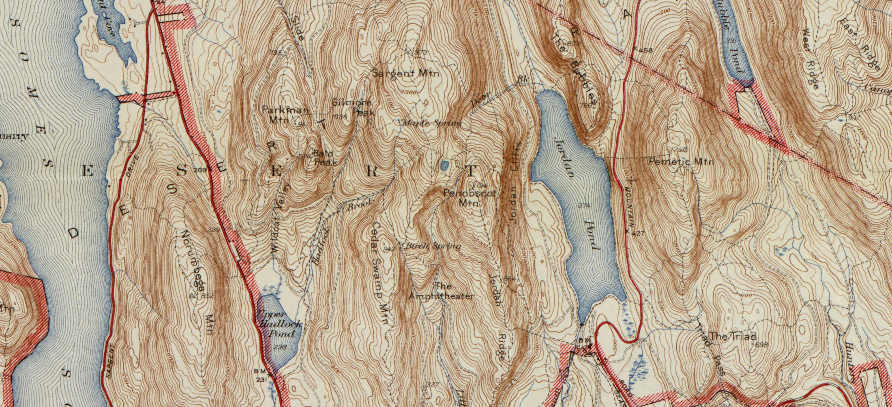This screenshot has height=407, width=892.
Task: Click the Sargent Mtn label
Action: (406, 74)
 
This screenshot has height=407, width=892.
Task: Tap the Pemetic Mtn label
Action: (681, 161)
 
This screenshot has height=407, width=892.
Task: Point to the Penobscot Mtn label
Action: (469, 198)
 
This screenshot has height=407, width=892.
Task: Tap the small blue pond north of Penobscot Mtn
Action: (445, 165)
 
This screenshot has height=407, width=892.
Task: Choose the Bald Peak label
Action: (324, 158)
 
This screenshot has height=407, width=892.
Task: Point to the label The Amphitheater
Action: (441, 291)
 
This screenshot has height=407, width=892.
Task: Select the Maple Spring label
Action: (431, 123)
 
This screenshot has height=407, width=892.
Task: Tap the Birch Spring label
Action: (433, 246)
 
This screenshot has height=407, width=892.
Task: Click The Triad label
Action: (733, 336)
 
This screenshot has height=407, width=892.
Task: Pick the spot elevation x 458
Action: (644, 51)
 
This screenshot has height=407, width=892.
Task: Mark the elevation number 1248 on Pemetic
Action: (679, 149)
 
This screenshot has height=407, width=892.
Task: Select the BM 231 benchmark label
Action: (261, 376)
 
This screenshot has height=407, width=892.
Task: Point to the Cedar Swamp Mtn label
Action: (379, 274)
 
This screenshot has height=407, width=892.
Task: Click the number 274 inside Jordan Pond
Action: (584, 206)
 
